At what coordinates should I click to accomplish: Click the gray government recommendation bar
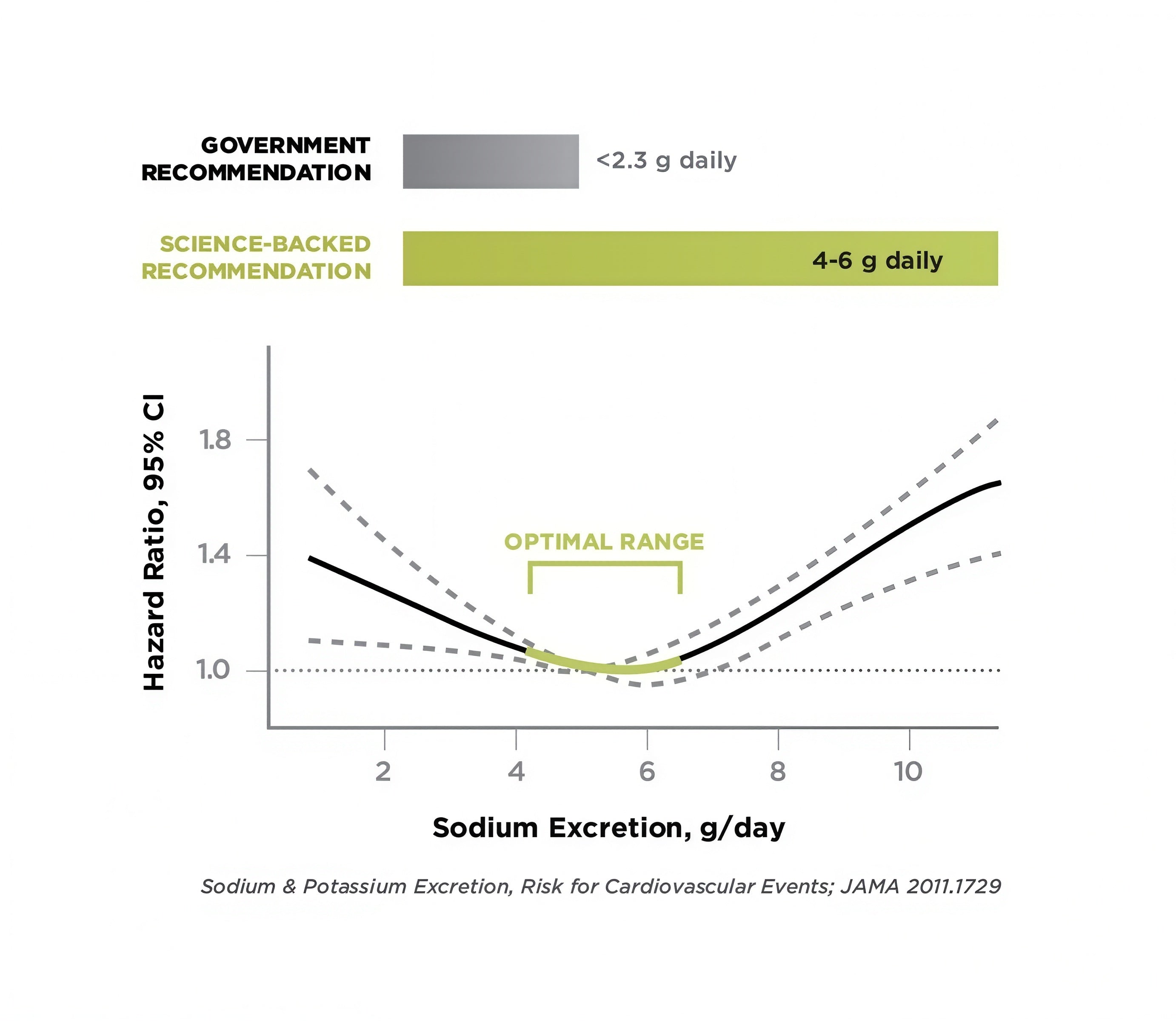[491, 161]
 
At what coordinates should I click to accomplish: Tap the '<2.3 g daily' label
[666, 161]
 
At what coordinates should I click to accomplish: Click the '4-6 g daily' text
[877, 260]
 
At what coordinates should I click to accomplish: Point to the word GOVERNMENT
[285, 145]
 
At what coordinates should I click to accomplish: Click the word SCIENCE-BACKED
[265, 244]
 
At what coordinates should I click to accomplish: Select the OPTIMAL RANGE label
[604, 541]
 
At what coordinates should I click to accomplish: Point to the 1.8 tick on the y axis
[215, 440]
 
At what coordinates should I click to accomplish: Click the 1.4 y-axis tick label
[215, 554]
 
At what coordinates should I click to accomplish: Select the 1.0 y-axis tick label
[214, 670]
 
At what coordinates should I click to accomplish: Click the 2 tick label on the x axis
[383, 771]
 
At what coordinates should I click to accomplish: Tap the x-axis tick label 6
[647, 771]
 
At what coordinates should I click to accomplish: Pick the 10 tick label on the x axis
[908, 771]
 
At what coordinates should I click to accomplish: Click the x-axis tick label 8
[778, 771]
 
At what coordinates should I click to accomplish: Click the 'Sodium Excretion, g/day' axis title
[608, 828]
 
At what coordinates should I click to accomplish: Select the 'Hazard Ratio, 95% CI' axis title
[154, 542]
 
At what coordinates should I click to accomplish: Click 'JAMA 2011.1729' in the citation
[920, 887]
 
